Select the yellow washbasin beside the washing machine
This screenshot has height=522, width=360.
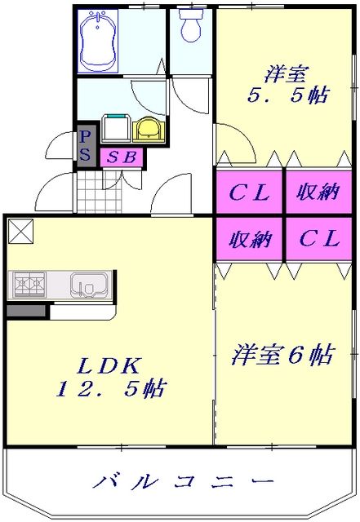pos(146,129)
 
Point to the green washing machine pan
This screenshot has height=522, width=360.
pos(115,129)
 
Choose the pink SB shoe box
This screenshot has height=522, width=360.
pos(121,156)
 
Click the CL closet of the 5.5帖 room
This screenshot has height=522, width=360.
pos(249,193)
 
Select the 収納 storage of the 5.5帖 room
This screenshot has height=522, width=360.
pos(318,193)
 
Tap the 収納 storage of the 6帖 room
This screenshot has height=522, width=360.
pos(249,239)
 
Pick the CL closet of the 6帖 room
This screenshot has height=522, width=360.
pos(318,239)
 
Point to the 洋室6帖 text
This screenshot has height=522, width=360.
pos(283,356)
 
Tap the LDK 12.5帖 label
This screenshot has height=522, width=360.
pos(110,377)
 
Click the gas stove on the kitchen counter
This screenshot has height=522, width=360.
pos(29,285)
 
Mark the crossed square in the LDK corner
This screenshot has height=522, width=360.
pos(20,232)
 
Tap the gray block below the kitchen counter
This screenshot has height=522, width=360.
pos(26,311)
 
